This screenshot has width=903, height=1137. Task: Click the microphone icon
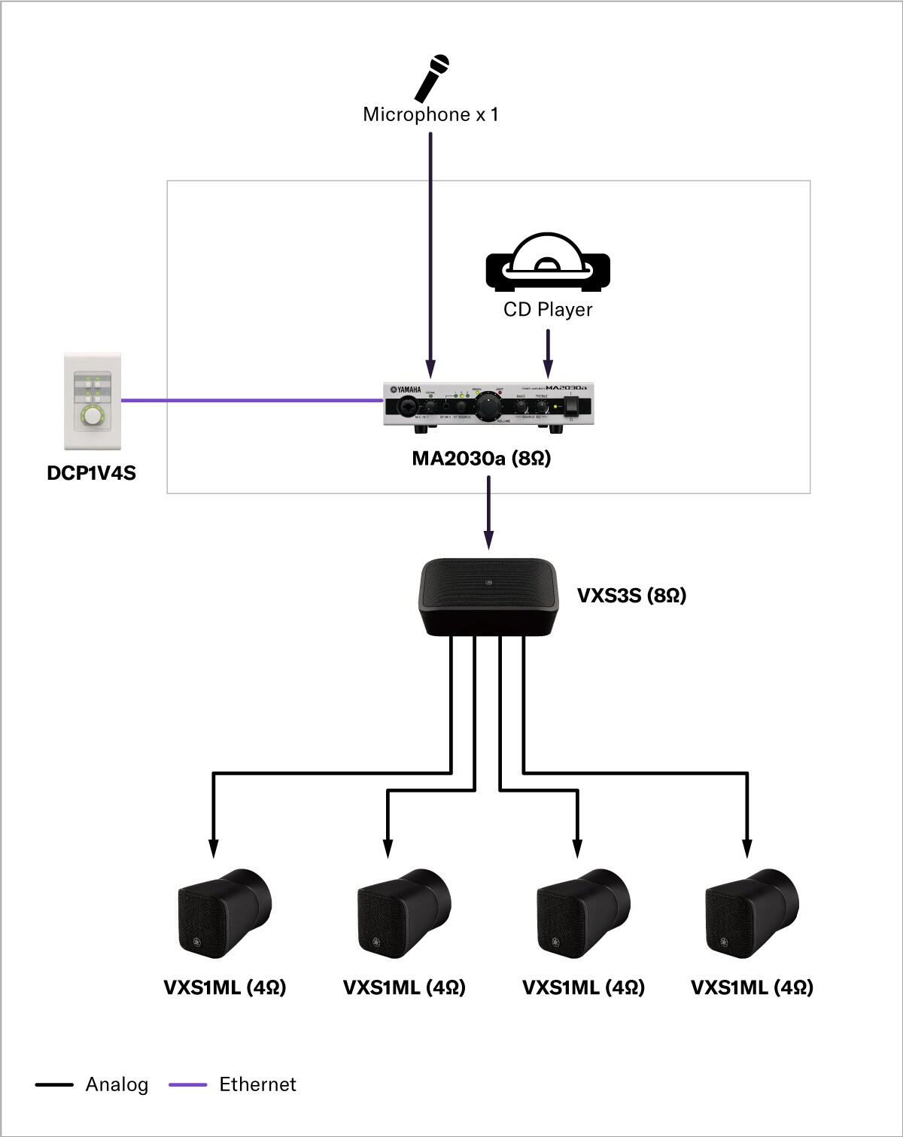[433, 77]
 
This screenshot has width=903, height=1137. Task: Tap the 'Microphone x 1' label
[430, 114]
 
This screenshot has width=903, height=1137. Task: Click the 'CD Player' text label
[547, 309]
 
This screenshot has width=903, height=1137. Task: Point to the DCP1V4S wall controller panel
[92, 401]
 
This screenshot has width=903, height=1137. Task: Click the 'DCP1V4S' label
[91, 473]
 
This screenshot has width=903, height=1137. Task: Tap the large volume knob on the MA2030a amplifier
[488, 406]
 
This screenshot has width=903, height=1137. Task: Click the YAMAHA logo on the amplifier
[406, 390]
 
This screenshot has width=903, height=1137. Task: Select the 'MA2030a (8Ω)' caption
[482, 458]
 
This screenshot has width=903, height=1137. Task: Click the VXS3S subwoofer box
[488, 597]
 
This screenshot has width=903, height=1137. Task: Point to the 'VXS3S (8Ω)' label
[631, 596]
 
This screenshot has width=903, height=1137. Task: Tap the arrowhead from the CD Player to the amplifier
[548, 369]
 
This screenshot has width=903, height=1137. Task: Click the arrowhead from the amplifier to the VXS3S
[488, 539]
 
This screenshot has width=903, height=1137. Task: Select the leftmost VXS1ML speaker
[224, 913]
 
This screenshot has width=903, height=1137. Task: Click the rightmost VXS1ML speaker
[752, 913]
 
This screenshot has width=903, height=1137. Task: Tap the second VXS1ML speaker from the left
[403, 913]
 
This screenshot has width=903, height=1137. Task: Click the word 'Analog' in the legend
[117, 1084]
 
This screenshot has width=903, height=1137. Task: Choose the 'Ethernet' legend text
[257, 1084]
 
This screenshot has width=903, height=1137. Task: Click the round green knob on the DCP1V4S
[92, 416]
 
